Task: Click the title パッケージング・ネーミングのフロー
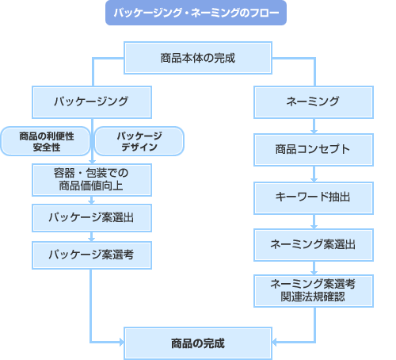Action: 196,13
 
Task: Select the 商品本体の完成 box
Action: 197,58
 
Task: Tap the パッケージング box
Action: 91,101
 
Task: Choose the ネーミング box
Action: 313,101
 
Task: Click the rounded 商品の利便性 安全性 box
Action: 46,141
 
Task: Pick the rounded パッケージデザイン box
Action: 139,141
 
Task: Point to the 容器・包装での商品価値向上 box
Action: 91,180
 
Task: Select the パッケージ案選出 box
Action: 91,216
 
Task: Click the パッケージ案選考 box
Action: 91,255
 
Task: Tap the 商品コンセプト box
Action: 313,148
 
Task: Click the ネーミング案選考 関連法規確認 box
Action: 313,290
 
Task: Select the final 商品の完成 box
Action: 197,343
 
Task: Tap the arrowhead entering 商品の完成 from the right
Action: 274,343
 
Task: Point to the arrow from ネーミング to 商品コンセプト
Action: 314,125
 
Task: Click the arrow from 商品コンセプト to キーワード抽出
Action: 314,172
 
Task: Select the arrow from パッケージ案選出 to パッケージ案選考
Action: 91,236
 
